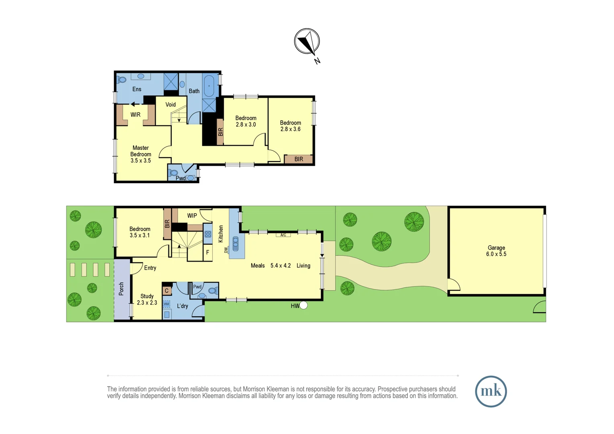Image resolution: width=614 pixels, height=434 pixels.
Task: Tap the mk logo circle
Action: coord(491,391)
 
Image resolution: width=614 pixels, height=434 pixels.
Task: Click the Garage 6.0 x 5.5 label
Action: coord(496,251)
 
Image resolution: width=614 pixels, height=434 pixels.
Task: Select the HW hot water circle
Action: coord(303,305)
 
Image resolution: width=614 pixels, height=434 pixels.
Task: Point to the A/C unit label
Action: coord(283,235)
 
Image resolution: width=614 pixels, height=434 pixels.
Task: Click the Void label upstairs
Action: coord(170,104)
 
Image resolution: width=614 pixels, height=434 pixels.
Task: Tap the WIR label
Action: coord(135,115)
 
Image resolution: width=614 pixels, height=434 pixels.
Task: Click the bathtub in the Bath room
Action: coord(209,86)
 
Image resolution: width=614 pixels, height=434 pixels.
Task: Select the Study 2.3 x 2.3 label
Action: coord(147,299)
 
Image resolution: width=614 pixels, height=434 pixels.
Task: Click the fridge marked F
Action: coord(207,252)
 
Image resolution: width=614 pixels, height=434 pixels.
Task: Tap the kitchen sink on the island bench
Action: coord(235,244)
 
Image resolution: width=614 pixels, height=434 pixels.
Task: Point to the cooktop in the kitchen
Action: coord(208,234)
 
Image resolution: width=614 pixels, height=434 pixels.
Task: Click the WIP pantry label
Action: coord(192,216)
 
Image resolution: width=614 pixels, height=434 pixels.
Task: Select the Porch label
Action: coord(121,289)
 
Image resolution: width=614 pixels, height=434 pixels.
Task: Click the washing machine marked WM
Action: coord(166,304)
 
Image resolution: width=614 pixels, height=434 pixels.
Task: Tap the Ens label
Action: coord(137,89)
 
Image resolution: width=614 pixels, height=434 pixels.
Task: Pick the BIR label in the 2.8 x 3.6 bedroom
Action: coord(299,159)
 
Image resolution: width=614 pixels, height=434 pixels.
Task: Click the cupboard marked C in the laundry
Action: coord(167,291)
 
